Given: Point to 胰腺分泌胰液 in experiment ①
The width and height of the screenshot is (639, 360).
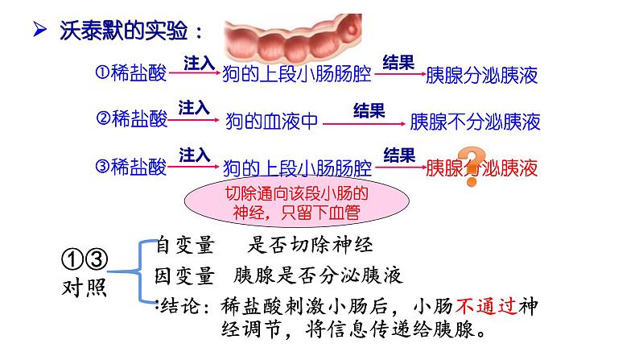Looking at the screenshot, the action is point(480,76).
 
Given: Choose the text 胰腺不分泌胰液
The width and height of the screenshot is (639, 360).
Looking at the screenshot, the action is point(475,122).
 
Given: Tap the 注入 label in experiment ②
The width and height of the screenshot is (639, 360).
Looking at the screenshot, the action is point(193,107).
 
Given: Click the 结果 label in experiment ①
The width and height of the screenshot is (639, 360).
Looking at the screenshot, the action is point(398,62).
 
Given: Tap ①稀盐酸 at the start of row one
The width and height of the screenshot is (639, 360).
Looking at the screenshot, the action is point(131,74).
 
